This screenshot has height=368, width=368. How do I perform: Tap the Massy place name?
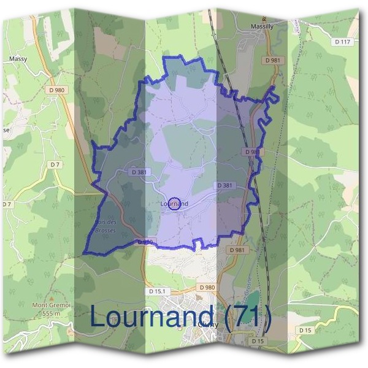coord(18,59)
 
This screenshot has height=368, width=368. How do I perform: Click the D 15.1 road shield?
coord(158,291)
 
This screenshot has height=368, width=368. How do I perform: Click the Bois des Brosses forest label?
coord(105,226)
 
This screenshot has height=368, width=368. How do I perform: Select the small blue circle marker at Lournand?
coord(174,204)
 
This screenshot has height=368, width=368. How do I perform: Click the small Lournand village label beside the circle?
coord(173,203)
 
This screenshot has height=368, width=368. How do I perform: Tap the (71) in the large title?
coord(247,317)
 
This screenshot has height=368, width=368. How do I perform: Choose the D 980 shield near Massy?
coord(59,90)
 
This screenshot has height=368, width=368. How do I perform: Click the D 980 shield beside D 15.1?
coord(207,286)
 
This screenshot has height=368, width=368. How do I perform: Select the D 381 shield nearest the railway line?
coord(224,185)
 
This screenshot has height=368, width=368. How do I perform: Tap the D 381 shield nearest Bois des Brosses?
coord(139,172)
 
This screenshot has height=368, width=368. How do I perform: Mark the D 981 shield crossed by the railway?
coord(251,151)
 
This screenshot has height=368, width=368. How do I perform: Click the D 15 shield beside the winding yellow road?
coord(305,330)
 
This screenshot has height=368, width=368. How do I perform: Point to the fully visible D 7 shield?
coord(55,164)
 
